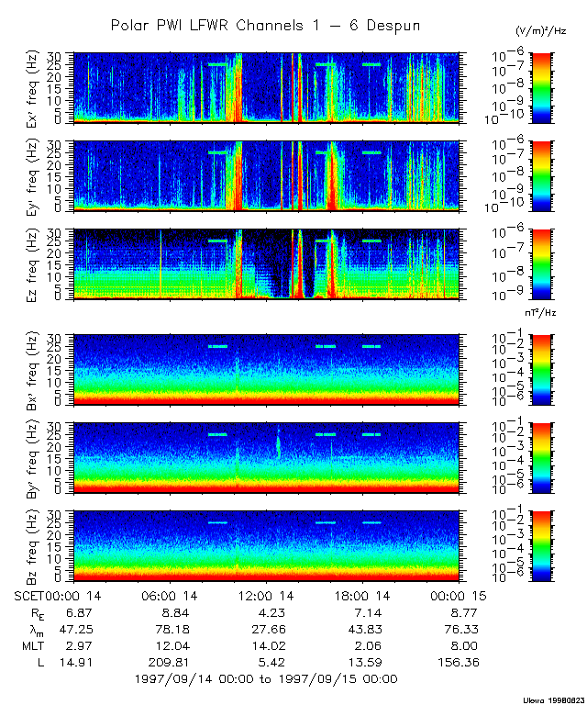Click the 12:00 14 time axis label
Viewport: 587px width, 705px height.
coord(265,595)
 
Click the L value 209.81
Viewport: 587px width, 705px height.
coord(169,662)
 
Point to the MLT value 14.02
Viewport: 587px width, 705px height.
coord(265,645)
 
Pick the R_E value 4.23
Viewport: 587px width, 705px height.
coord(265,611)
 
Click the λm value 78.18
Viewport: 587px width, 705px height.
coord(169,629)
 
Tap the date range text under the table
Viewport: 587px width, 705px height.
coord(265,679)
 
